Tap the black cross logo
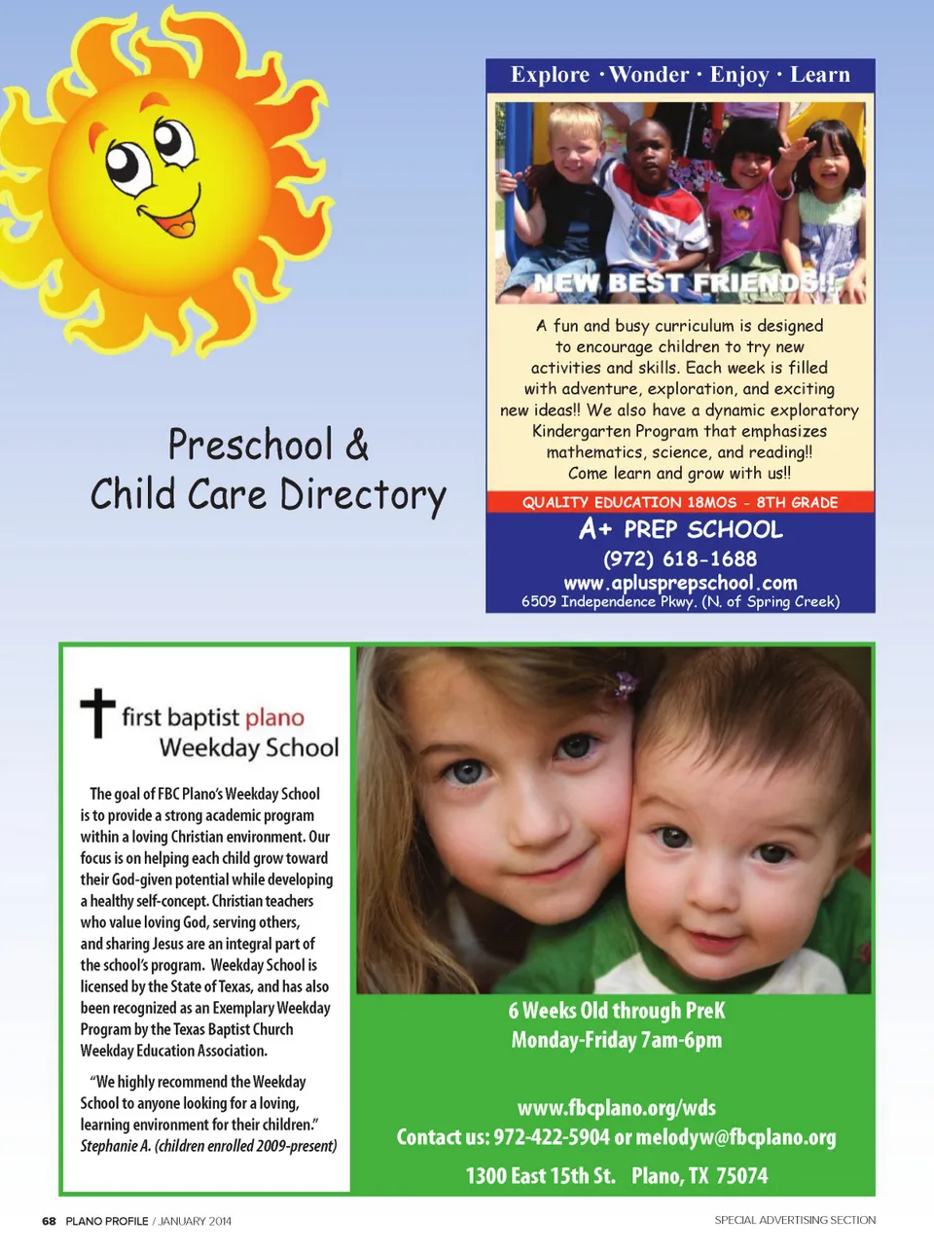point(97,712)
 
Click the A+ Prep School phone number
point(679,559)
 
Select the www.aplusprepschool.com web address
point(680,583)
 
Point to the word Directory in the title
point(363,495)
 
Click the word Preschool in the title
point(250,446)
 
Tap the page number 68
point(49,1221)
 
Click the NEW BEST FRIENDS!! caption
point(685,283)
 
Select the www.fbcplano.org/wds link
point(616,1108)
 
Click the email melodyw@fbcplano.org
point(736,1137)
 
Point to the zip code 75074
point(741,1176)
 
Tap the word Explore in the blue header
point(550,75)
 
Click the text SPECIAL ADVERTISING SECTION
point(795,1220)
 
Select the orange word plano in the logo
point(274,718)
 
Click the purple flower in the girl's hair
point(623,686)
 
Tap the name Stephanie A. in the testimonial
point(115,1146)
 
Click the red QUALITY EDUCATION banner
point(679,502)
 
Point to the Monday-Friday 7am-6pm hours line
point(616,1040)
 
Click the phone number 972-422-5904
point(551,1137)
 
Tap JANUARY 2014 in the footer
point(195,1221)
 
